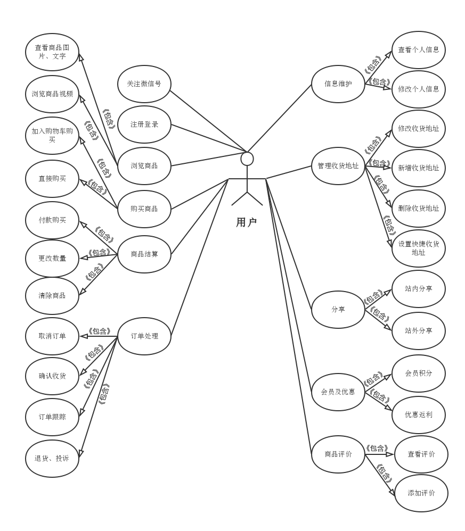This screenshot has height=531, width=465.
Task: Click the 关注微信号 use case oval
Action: (x=144, y=84)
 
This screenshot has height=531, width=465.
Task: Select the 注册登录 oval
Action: (x=144, y=125)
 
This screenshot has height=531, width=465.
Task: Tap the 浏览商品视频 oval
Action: (x=52, y=94)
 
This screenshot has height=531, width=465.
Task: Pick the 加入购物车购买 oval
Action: (x=52, y=135)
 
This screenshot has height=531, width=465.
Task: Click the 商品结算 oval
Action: (x=144, y=254)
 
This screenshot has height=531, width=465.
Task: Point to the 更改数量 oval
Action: (x=52, y=258)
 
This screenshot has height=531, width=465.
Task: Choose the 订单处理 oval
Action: (x=144, y=336)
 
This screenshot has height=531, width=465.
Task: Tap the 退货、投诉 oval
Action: (x=52, y=458)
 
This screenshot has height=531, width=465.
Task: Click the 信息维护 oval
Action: (x=338, y=84)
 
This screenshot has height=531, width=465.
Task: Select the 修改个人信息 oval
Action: (x=419, y=89)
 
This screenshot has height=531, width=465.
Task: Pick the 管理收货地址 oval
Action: (x=338, y=165)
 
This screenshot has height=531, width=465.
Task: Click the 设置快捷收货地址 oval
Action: (x=419, y=248)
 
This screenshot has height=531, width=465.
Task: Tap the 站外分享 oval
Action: (x=419, y=330)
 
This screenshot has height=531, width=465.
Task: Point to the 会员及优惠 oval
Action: (x=338, y=392)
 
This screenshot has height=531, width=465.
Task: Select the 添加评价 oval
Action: (x=421, y=493)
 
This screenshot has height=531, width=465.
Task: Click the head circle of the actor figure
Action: (x=247, y=159)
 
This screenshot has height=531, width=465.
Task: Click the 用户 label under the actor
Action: (x=246, y=222)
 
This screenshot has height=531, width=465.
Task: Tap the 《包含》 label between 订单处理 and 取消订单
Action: (x=99, y=331)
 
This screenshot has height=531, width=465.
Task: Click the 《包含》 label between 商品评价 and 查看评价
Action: (x=377, y=449)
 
